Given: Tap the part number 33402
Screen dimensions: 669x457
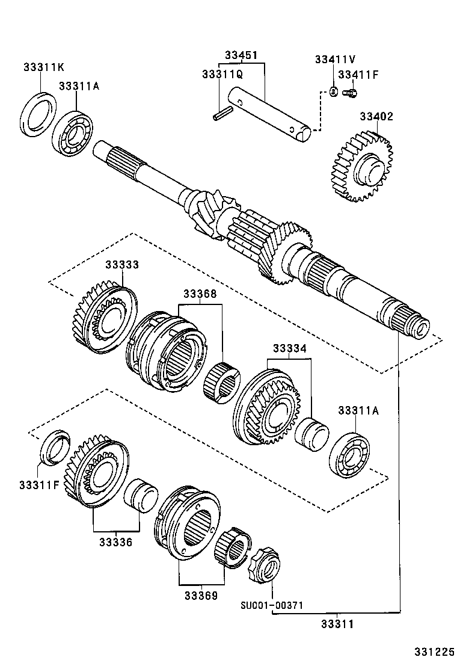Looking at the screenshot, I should click(376, 117).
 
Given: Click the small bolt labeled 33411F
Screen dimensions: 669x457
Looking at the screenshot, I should click(350, 93).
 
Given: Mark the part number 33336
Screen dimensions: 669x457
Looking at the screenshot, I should click(117, 541).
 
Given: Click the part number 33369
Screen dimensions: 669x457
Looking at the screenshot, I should click(201, 595).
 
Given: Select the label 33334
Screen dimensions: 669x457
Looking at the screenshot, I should click(290, 348).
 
